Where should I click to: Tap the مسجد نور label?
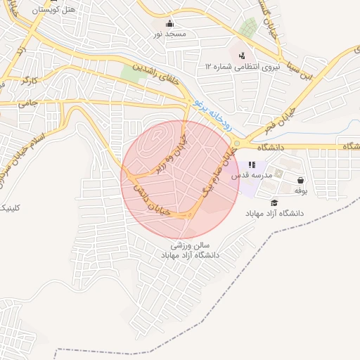[x=170, y=34]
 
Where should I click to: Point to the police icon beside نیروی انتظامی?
[x=243, y=55]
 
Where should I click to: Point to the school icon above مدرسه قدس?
[x=252, y=165]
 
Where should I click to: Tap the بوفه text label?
[x=301, y=190]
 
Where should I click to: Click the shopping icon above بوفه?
[x=301, y=180]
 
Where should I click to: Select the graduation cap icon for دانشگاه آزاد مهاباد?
[x=274, y=202]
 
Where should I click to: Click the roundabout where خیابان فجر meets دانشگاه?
[x=237, y=143]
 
